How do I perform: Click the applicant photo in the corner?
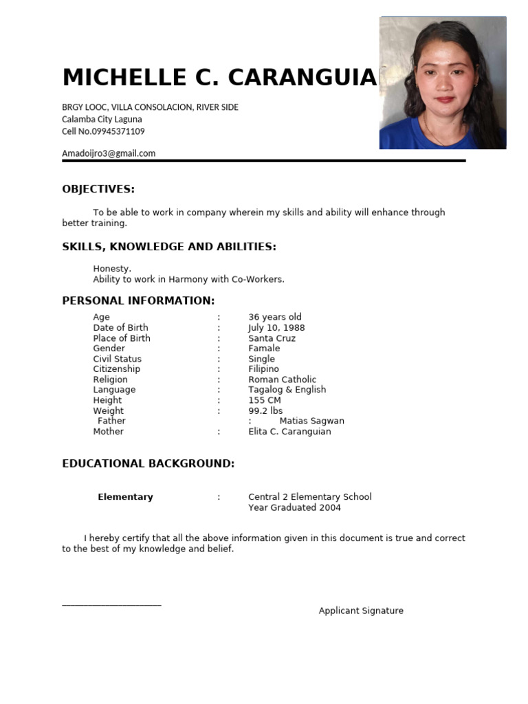pyautogui.click(x=443, y=82)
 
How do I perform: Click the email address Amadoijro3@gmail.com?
pyautogui.click(x=109, y=153)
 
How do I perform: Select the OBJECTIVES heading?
pyautogui.click(x=98, y=189)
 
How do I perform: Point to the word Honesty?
pyautogui.click(x=112, y=269)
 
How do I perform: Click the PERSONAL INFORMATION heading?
pyautogui.click(x=138, y=300)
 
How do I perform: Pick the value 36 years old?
pyautogui.click(x=275, y=317)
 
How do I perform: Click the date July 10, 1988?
pyautogui.click(x=276, y=328)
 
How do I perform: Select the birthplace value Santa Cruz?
pyautogui.click(x=272, y=338)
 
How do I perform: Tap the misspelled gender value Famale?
pyautogui.click(x=264, y=349)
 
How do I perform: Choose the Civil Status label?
pyautogui.click(x=118, y=359)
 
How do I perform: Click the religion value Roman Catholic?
pyautogui.click(x=282, y=379)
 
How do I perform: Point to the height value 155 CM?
pyautogui.click(x=265, y=400)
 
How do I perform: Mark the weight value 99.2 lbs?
pyautogui.click(x=265, y=411)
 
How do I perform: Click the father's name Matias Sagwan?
pyautogui.click(x=311, y=421)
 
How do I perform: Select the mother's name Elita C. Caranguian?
pyautogui.click(x=289, y=432)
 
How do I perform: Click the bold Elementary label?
pyautogui.click(x=125, y=497)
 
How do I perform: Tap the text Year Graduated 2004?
pyautogui.click(x=294, y=507)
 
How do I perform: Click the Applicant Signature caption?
pyautogui.click(x=361, y=610)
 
